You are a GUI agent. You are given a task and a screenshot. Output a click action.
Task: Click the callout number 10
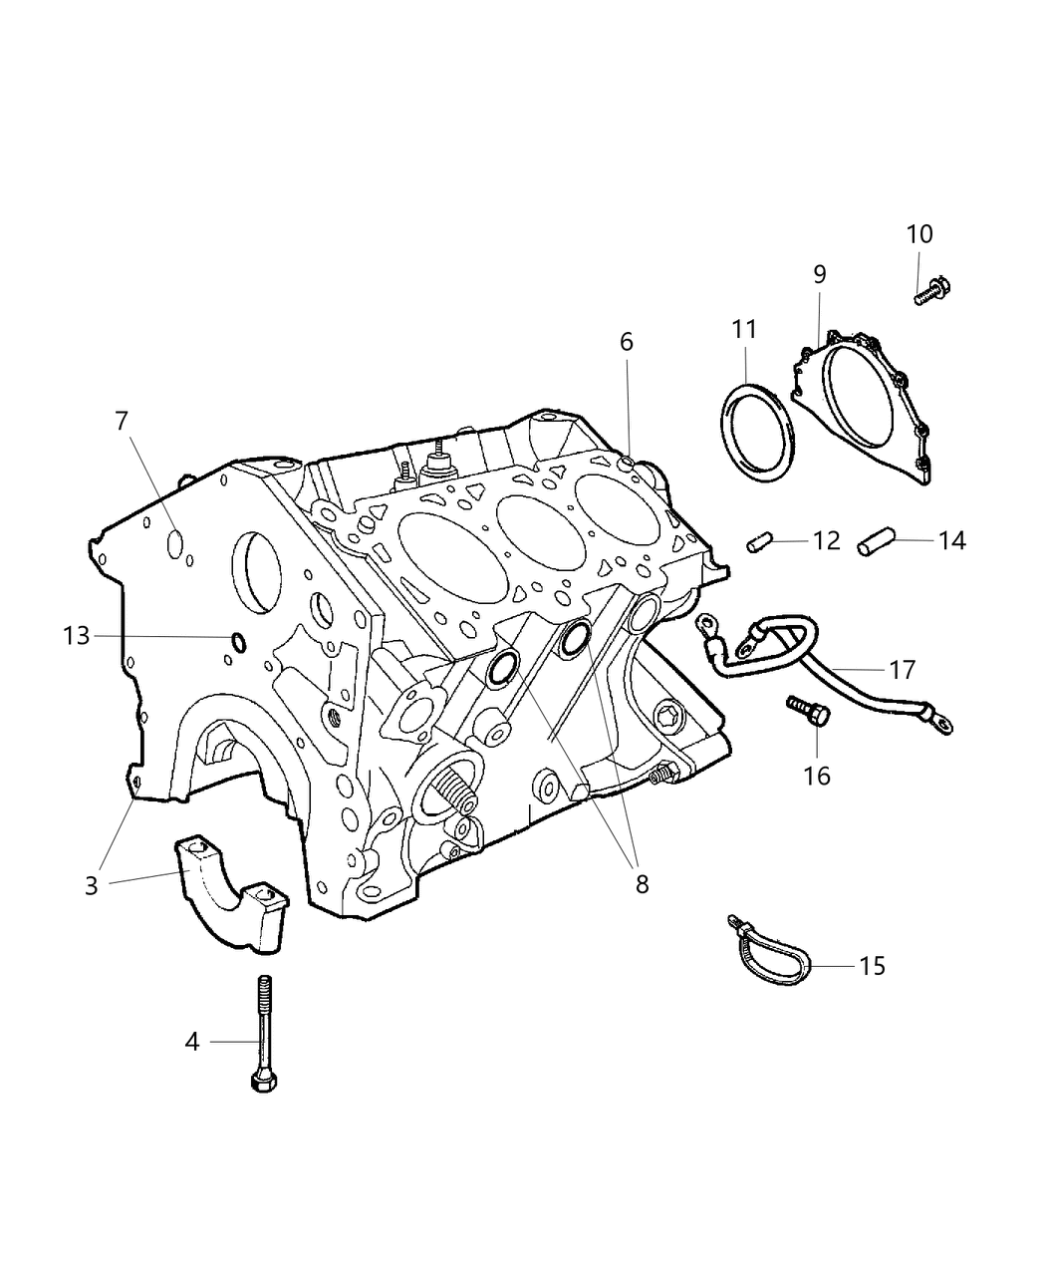(x=919, y=234)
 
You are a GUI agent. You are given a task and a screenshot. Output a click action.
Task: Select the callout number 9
(x=819, y=274)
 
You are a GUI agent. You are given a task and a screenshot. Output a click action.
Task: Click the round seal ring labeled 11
(x=759, y=432)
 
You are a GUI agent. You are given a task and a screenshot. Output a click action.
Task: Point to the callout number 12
(x=827, y=540)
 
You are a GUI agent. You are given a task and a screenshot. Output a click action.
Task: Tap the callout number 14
(x=951, y=540)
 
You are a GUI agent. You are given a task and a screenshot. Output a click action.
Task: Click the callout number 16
(x=817, y=775)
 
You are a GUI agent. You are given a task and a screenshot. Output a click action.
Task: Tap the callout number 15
(x=872, y=966)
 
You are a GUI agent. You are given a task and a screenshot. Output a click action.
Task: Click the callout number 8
(x=642, y=882)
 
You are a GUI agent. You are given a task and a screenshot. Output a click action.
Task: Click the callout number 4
(x=192, y=1042)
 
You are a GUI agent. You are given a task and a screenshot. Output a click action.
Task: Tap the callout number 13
(x=77, y=635)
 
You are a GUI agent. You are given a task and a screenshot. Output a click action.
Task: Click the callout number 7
(x=122, y=422)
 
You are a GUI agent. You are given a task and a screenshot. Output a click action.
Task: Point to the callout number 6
(x=626, y=342)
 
